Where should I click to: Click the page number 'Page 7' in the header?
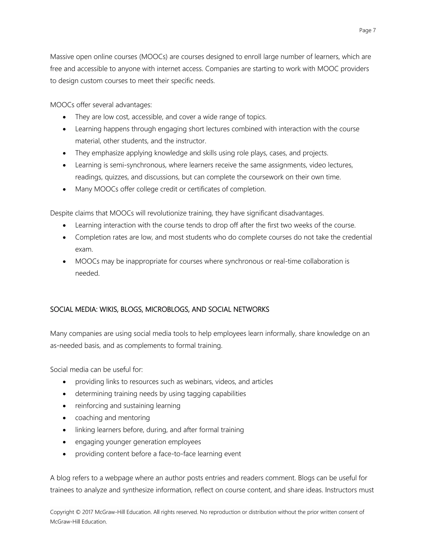click(367, 31)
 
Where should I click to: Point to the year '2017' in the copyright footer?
click(88, 512)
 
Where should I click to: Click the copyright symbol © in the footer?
click(78, 512)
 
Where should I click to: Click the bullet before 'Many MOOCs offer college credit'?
click(65, 189)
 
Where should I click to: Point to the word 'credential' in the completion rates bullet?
click(357, 237)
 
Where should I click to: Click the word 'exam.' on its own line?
click(84, 250)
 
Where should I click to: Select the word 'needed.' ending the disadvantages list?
click(87, 273)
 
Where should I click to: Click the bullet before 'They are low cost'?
click(65, 117)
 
